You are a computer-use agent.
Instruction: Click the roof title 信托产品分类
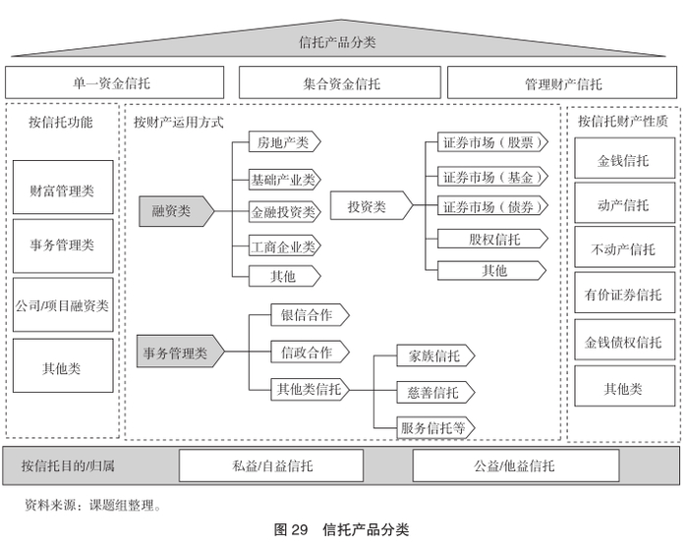pyautogui.click(x=337, y=42)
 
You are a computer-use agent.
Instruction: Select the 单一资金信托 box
pyautogui.click(x=115, y=82)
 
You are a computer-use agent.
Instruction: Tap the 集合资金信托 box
pyautogui.click(x=340, y=82)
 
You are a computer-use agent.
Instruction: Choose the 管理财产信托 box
pyautogui.click(x=562, y=82)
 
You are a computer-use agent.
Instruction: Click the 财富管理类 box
pyautogui.click(x=63, y=188)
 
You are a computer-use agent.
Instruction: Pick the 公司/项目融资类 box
pyautogui.click(x=63, y=304)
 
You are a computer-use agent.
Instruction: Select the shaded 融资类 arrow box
pyautogui.click(x=176, y=211)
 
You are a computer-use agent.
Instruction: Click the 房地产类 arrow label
pyautogui.click(x=285, y=142)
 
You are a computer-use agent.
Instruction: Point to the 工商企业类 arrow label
pyautogui.click(x=285, y=246)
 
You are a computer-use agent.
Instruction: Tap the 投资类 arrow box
pyautogui.click(x=372, y=205)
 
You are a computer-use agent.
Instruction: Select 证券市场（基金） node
pyautogui.click(x=492, y=177)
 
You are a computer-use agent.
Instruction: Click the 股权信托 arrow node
pyautogui.click(x=492, y=239)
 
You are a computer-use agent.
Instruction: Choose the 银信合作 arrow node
pyautogui.click(x=310, y=315)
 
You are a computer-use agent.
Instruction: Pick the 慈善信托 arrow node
pyautogui.click(x=435, y=392)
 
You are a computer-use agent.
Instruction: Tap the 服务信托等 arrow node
pyautogui.click(x=435, y=427)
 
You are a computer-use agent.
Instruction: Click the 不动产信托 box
pyautogui.click(x=625, y=246)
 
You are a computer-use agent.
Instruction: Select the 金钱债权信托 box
pyautogui.click(x=625, y=340)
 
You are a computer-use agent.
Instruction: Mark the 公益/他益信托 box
pyautogui.click(x=516, y=465)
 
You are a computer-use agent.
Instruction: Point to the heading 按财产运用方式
pyautogui.click(x=179, y=122)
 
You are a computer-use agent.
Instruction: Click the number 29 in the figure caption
pyautogui.click(x=299, y=529)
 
